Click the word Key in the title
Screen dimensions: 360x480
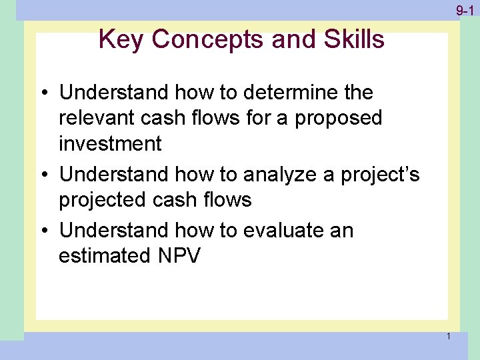(x=121, y=40)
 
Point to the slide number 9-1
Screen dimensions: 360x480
(x=465, y=11)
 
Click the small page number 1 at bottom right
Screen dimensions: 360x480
(x=449, y=336)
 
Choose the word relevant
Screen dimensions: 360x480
(x=101, y=118)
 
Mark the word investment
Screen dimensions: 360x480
(x=110, y=143)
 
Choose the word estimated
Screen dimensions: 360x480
(x=108, y=256)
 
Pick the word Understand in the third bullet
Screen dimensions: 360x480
(x=114, y=231)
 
